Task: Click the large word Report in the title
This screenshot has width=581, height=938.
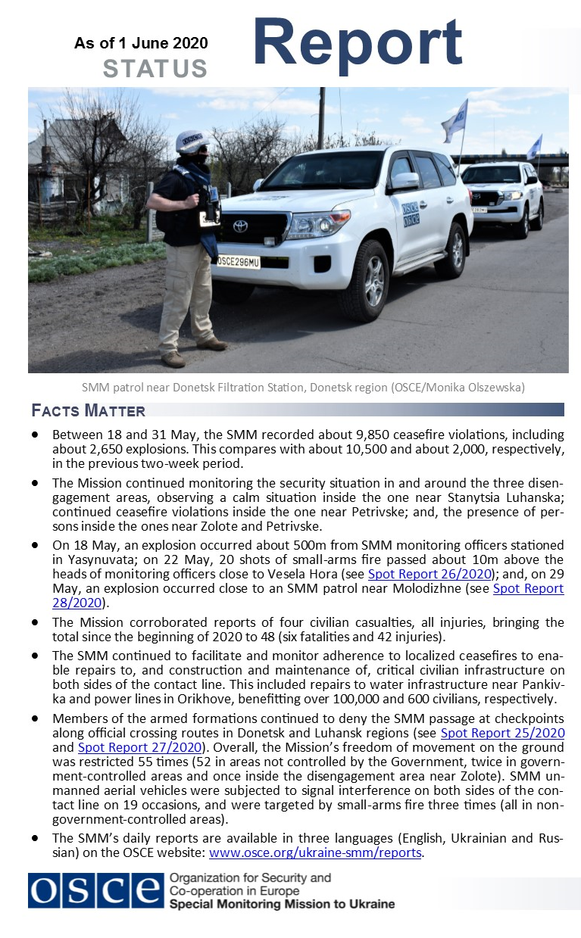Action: [x=358, y=42]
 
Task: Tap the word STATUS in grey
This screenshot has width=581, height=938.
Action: [x=155, y=69]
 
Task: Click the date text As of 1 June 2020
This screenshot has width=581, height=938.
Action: [x=141, y=43]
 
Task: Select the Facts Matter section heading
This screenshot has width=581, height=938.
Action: [x=89, y=411]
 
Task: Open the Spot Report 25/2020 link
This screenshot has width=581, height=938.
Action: [x=502, y=732]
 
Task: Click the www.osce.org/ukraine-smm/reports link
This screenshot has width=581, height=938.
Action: [x=315, y=852]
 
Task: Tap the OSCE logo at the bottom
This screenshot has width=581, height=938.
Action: [x=95, y=890]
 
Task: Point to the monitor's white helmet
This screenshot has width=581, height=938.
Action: [x=192, y=141]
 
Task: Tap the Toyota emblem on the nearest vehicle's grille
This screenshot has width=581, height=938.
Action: [x=240, y=226]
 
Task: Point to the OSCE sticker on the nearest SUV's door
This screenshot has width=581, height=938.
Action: [x=411, y=213]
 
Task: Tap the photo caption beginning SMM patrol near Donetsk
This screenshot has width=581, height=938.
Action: [x=303, y=388]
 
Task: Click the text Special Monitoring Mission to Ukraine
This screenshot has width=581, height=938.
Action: [x=282, y=904]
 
